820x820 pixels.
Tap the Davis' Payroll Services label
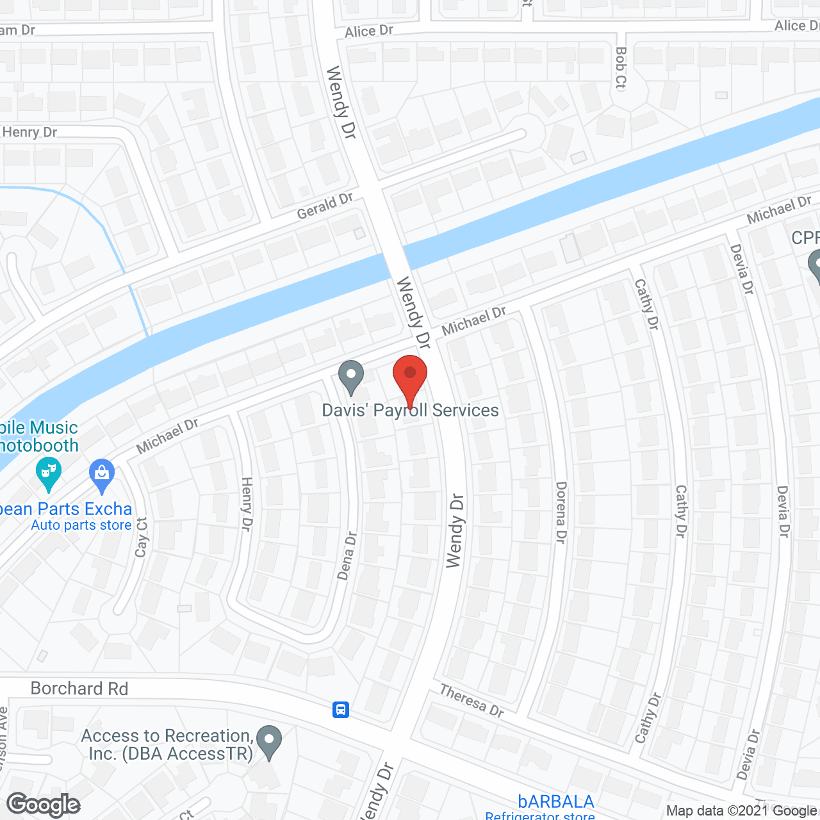pos(410,411)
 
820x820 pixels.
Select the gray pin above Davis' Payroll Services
pos(350,377)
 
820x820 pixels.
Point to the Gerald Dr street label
pos(325,206)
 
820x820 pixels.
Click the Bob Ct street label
pos(620,67)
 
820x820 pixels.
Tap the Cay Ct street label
pos(142,537)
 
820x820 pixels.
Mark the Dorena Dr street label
pos(561,512)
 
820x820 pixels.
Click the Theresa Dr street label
pos(471,700)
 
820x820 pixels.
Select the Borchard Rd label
pos(79,689)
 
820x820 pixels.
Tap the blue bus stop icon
pos(341,709)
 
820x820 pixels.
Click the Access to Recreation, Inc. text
pos(167,744)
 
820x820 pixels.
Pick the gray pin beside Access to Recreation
pos(269,741)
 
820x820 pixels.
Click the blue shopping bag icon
pos(102,473)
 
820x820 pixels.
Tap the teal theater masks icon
pos(49,473)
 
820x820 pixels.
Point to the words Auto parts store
pos(81,525)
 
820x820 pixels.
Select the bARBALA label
pos(556,801)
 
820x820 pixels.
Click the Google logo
pos(44,805)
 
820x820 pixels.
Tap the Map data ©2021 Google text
pos(741,811)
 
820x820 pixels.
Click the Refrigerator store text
pos(540,816)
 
